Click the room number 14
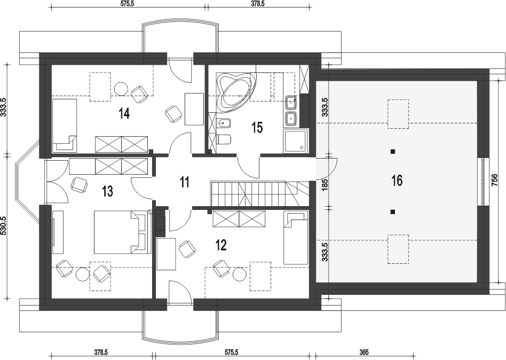coord(124,113)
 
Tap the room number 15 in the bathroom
coord(257,128)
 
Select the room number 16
coord(397,180)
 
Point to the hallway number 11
coord(184,182)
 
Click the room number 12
coord(221,245)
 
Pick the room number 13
coord(107,191)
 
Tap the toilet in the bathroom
coord(224,139)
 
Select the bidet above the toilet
coord(223,123)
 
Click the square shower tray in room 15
coord(296,141)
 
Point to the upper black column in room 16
coord(392,152)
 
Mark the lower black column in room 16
coord(392,212)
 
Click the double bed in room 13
coord(123,232)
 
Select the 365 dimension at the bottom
coord(363,352)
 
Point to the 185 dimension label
coord(325,184)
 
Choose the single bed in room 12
coord(296,238)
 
